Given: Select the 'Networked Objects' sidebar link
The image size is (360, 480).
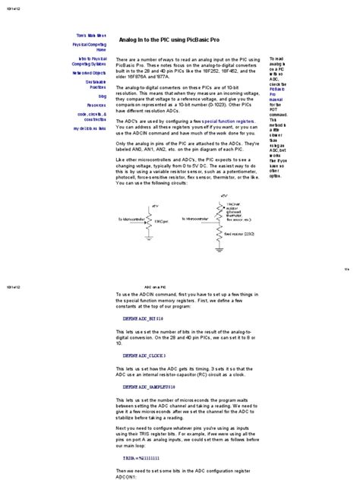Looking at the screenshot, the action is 90,74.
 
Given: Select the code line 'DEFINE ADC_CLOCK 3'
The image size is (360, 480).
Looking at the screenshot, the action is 145,355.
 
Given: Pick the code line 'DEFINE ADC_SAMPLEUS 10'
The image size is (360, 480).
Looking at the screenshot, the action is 150,387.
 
